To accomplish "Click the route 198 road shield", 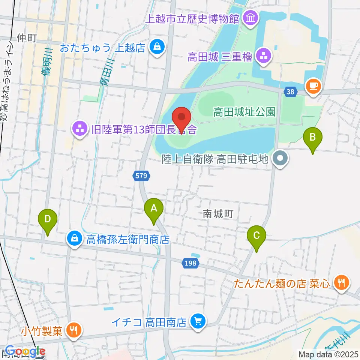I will tap(190, 263).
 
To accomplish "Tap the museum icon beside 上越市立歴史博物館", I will tap(249, 17).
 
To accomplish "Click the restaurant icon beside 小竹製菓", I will tap(72, 330).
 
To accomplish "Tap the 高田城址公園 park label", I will tap(244, 111).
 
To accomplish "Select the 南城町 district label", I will tap(218, 214).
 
